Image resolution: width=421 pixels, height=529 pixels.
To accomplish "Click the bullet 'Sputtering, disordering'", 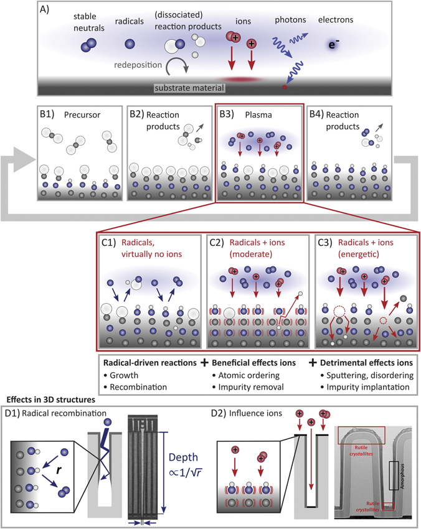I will (x=355, y=375).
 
